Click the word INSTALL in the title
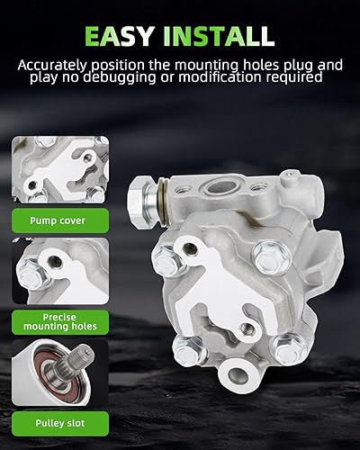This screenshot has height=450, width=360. pyautogui.click(x=216, y=36)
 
